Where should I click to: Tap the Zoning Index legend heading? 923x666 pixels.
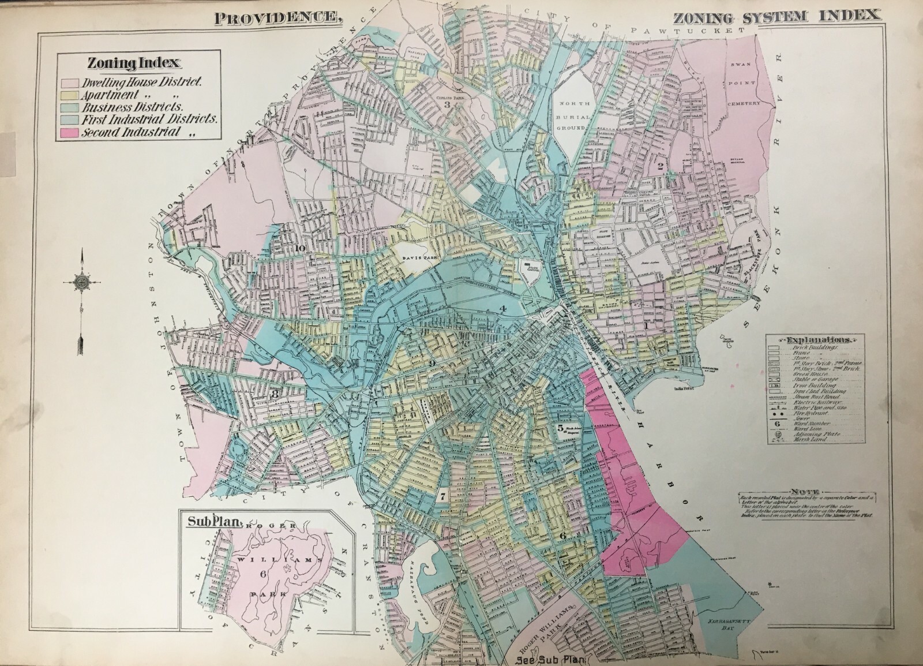click(133, 63)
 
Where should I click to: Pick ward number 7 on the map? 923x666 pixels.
click(442, 496)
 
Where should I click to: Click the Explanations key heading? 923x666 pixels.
click(812, 339)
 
